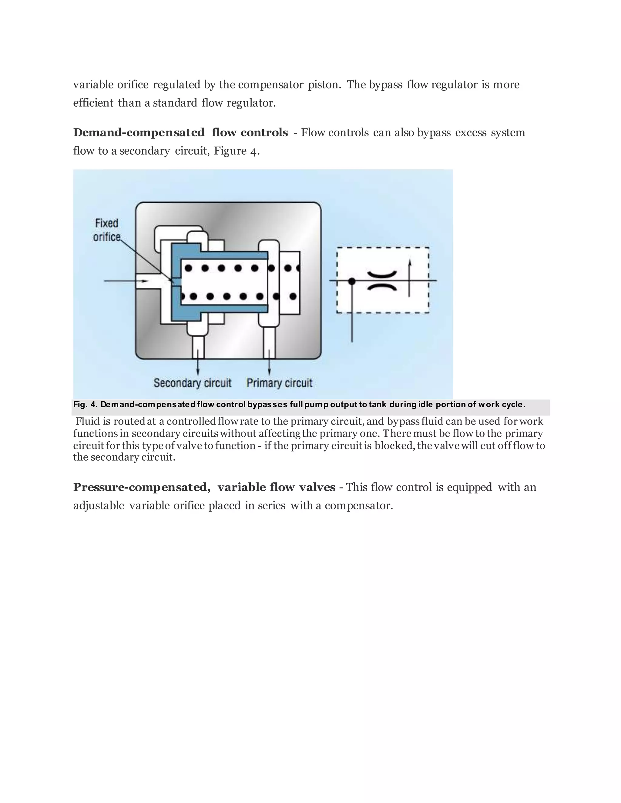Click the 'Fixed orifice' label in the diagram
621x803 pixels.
pos(107,230)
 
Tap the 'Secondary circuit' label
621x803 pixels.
pos(193,383)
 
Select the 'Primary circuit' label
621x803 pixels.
pos(279,383)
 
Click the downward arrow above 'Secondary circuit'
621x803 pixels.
pos(198,362)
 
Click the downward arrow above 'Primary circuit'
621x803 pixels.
pos(270,362)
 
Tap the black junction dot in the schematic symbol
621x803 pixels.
pos(352,281)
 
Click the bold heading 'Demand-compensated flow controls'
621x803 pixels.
pos(180,132)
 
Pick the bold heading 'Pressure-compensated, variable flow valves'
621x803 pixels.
pos(204,487)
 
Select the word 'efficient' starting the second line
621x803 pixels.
pos(93,103)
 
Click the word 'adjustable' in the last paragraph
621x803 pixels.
pos(99,505)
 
